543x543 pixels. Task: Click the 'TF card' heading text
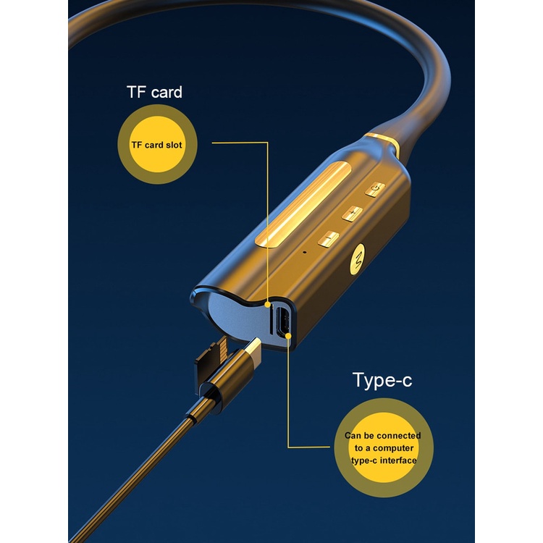point(154,92)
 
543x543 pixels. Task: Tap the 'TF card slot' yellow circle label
point(157,144)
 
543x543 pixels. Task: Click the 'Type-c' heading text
point(382,380)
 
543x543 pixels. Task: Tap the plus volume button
point(353,213)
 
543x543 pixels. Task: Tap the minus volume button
point(328,239)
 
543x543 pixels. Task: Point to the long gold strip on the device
point(303,205)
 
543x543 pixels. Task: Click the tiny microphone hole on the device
point(304,252)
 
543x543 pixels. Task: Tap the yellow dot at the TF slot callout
point(267,304)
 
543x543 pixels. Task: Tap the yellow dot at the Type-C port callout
point(288,335)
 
